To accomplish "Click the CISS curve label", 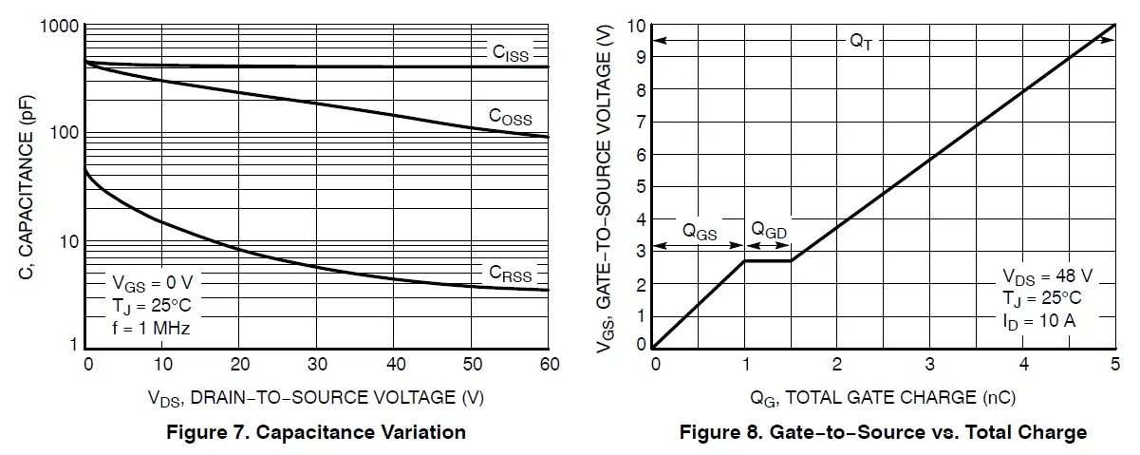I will pos(510,54).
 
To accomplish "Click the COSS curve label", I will pos(510,117).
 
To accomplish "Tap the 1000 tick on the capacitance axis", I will pos(58,27).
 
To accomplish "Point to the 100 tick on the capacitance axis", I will pos(63,133).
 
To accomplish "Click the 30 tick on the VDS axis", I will pos(317,365).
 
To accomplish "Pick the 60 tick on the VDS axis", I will pos(549,365).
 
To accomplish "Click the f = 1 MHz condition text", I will pos(151,329).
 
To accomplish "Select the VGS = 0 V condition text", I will pos(153,283).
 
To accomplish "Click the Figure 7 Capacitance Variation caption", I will pos(316,433).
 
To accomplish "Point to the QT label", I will pos(860,41).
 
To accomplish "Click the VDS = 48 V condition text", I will pos(1048,276).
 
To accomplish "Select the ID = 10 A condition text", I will pos(1039,320).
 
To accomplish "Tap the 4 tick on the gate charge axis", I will pos(1023,365).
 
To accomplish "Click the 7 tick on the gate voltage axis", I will pos(642,123).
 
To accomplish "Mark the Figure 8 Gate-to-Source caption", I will pos(883,433).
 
